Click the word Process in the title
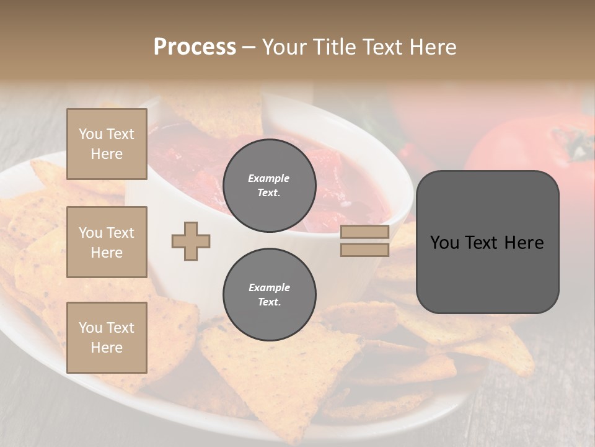(x=195, y=47)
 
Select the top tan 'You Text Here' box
(x=107, y=144)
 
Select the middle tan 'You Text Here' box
(x=107, y=242)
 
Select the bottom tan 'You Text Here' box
(x=107, y=337)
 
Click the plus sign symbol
(x=191, y=241)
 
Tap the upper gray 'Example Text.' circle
(x=269, y=186)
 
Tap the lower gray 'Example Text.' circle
(x=269, y=295)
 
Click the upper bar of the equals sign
(x=364, y=232)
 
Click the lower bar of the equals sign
(x=364, y=250)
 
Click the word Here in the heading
(x=431, y=47)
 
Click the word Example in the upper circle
(x=269, y=178)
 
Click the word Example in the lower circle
(x=269, y=287)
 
